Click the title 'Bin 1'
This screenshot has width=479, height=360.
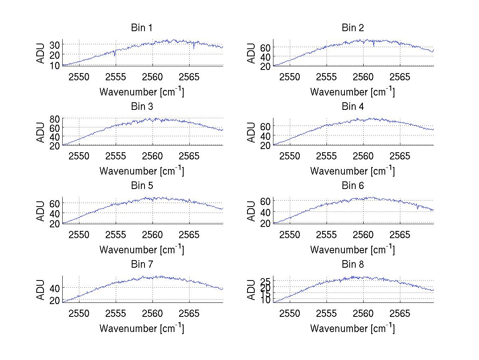[142, 28]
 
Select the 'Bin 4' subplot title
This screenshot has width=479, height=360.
[353, 107]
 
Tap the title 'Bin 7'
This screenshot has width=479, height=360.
[142, 265]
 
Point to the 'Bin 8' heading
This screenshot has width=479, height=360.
[353, 265]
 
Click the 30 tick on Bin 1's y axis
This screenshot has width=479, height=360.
[55, 44]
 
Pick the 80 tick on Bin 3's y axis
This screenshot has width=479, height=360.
[55, 119]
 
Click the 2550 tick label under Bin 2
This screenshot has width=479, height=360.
[290, 77]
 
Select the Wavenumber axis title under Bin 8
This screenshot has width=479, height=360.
[353, 328]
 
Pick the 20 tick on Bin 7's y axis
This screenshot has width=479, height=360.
[55, 300]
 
